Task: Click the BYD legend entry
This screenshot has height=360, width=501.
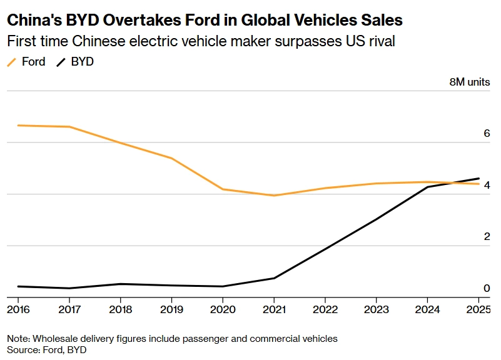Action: tap(76, 62)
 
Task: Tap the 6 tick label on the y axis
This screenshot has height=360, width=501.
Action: tap(486, 134)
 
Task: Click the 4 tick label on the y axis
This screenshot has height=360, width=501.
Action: tap(486, 186)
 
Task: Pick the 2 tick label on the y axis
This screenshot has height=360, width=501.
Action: tap(486, 237)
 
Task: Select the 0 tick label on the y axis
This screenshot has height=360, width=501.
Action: tap(486, 288)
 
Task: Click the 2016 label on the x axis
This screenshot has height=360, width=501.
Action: tap(18, 309)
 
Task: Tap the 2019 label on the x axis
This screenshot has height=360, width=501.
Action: tap(171, 309)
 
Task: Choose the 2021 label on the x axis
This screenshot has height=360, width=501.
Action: tap(274, 309)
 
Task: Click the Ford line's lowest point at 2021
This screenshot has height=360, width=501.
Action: tap(274, 196)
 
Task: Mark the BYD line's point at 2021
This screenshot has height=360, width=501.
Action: tap(274, 278)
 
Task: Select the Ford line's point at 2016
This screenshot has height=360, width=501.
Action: tap(18, 126)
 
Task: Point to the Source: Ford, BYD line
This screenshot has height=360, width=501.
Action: tap(47, 350)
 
